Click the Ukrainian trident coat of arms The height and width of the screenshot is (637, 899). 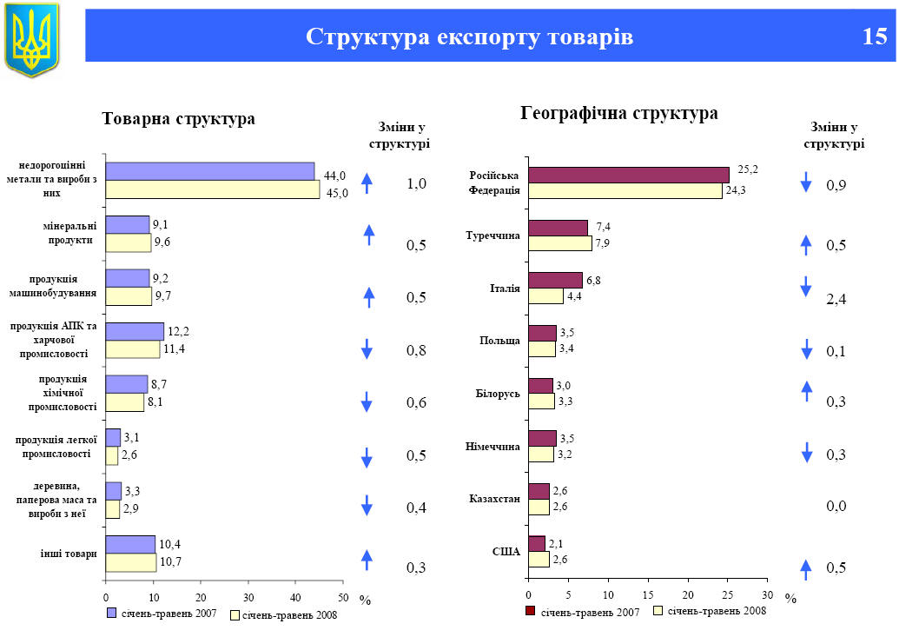tap(31, 38)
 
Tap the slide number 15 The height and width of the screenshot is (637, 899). tap(875, 36)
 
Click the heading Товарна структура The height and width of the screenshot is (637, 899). tap(179, 119)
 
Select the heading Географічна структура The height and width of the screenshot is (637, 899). tap(618, 114)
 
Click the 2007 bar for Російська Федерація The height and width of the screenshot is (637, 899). tap(629, 175)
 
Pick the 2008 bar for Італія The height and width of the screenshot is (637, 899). tap(545, 295)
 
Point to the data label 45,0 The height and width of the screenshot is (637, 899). tap(337, 193)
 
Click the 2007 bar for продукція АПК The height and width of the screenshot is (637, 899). tap(135, 331)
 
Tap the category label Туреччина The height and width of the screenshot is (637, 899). tap(493, 236)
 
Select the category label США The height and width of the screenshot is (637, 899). tap(506, 552)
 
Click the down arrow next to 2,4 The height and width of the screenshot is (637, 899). tap(806, 287)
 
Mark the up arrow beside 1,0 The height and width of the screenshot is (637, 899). tap(367, 183)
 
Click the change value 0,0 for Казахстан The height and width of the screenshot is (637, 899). tap(836, 506)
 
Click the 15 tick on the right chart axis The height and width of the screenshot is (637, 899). tap(647, 594)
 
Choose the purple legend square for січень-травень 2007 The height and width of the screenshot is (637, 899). tap(110, 613)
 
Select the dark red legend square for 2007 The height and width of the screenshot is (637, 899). tap(530, 611)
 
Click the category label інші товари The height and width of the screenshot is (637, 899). tap(68, 554)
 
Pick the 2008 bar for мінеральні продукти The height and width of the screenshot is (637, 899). tap(129, 242)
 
